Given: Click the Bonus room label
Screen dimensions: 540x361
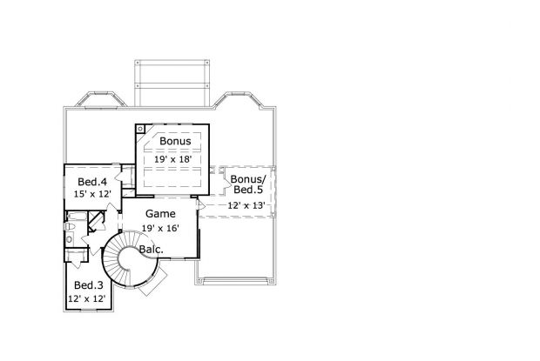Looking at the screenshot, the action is (175, 141).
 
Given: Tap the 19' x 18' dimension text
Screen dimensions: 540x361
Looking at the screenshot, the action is (172, 159).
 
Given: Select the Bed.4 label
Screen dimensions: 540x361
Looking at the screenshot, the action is (92, 182).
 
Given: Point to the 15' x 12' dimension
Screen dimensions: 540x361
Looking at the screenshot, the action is (92, 194).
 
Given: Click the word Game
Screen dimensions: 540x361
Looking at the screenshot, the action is (160, 214).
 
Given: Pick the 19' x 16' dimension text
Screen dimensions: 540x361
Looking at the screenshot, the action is (160, 228).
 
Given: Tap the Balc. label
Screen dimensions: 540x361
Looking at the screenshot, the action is (152, 250).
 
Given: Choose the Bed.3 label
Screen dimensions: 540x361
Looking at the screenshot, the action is (89, 285).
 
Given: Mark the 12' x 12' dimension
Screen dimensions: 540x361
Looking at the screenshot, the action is (86, 298).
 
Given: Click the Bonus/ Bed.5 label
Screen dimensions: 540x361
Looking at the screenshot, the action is (248, 184).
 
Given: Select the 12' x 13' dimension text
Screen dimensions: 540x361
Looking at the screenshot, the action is (246, 205).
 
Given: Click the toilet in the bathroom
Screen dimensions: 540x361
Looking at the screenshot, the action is (70, 226).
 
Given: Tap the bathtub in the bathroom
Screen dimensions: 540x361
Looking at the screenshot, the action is (76, 217).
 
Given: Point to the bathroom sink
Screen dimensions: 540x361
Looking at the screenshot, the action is (69, 238).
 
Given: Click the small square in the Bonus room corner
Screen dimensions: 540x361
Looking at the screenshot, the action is (140, 129).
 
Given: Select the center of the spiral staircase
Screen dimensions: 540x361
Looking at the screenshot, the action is (130, 258).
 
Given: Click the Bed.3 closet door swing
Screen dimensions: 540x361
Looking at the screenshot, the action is (77, 263).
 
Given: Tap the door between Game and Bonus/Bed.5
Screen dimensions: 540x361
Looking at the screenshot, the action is (201, 206).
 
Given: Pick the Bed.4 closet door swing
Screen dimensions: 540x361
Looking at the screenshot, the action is (119, 175).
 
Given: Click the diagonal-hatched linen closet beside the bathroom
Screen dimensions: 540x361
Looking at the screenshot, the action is (96, 221).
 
